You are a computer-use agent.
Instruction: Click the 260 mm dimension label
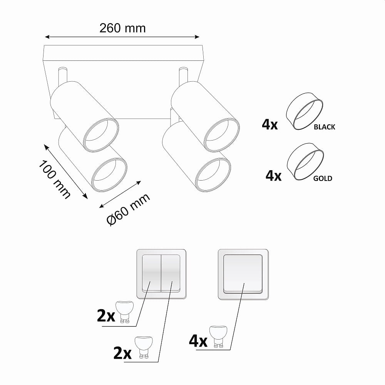click(x=122, y=28)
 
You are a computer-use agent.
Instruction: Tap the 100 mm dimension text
click(x=55, y=179)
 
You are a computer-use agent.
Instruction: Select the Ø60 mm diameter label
click(x=128, y=209)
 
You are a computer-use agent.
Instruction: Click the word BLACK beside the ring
click(x=324, y=127)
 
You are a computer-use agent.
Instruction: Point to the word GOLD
click(x=323, y=178)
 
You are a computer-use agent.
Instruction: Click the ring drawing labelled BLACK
click(x=305, y=111)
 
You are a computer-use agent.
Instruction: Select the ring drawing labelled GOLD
click(x=305, y=162)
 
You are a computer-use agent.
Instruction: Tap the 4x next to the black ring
click(x=269, y=124)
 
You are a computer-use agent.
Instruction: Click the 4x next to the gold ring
click(x=273, y=176)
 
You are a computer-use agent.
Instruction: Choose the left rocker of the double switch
click(x=151, y=273)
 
